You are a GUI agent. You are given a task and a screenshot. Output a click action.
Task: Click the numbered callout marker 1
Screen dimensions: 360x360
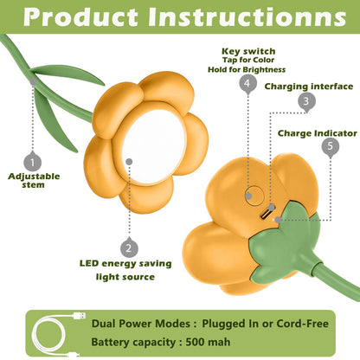click(x=32, y=162)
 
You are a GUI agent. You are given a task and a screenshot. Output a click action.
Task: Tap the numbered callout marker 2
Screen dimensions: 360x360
click(x=129, y=247)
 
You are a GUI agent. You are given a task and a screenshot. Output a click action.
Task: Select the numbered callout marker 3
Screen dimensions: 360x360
click(x=306, y=101)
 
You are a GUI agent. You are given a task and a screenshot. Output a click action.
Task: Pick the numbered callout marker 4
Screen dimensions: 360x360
click(x=248, y=83)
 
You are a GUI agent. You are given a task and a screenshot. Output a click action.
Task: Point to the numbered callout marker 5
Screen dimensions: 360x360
click(x=331, y=146)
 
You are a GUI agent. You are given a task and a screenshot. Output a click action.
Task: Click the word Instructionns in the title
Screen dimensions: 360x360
click(x=247, y=16)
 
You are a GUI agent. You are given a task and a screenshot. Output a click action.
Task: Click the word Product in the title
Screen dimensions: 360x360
click(x=80, y=16)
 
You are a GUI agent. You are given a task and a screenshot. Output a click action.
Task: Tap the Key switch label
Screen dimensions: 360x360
click(x=248, y=51)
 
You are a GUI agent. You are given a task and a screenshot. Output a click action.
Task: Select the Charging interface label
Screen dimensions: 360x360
click(x=309, y=87)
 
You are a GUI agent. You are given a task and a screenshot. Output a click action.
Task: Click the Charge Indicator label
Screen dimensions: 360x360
click(x=318, y=133)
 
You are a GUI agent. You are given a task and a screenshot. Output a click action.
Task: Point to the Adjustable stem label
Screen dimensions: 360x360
click(x=34, y=180)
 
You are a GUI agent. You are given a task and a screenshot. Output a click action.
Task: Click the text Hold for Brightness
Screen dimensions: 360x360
click(x=247, y=69)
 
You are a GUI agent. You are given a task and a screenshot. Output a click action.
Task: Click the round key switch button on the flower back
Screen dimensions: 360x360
click(x=254, y=196)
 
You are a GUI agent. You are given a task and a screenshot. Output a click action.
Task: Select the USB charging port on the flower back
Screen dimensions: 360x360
click(x=266, y=214)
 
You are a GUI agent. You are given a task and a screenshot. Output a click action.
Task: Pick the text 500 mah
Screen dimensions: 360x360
click(x=208, y=342)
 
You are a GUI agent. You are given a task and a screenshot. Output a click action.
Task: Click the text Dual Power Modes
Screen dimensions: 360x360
click(x=141, y=324)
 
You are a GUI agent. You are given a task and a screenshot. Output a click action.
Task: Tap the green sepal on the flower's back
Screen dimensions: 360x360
click(x=284, y=242)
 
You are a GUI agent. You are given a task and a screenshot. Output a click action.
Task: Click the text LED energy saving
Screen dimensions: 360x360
click(x=125, y=263)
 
